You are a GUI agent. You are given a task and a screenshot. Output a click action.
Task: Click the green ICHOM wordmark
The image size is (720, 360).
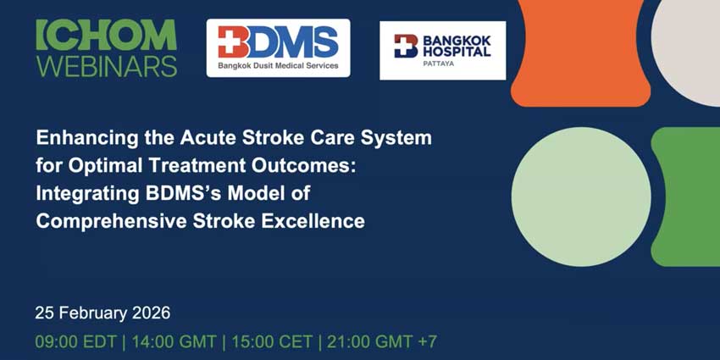click(106, 35)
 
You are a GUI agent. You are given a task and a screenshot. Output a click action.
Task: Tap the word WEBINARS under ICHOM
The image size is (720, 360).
click(107, 66)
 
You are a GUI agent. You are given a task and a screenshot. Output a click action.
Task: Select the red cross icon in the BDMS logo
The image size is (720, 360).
click(231, 42)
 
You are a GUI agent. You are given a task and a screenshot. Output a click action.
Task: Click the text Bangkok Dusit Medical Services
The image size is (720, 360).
click(278, 66)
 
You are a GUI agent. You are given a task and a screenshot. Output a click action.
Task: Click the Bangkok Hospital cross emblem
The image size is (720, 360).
click(406, 46)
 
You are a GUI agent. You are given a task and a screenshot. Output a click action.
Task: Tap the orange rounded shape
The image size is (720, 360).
click(580, 53)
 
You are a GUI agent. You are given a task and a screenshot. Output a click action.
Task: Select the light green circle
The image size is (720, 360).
click(581, 197)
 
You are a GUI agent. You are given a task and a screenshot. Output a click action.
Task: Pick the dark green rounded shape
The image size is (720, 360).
click(686, 197)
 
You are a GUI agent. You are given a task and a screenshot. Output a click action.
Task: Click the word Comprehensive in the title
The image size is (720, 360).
click(111, 221)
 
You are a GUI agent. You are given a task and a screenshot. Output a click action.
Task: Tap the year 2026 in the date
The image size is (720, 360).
click(151, 313)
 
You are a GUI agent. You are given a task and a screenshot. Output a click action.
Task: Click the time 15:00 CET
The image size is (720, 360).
click(272, 341)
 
